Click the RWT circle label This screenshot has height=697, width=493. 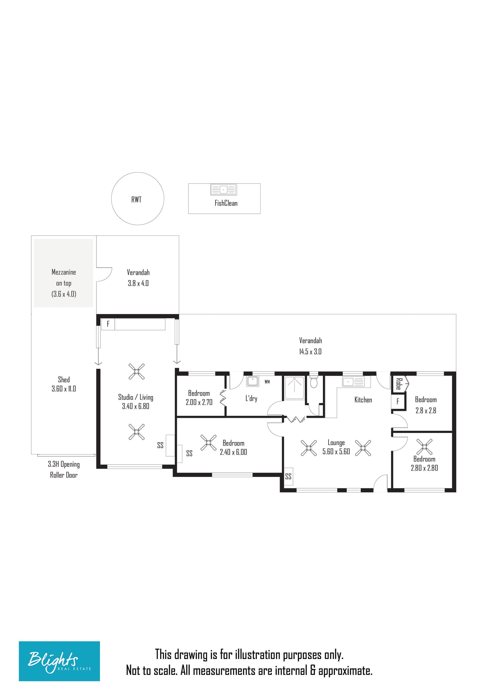tap(136, 200)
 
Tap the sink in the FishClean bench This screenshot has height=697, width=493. tap(224, 189)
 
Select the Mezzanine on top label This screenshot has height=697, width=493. tap(64, 277)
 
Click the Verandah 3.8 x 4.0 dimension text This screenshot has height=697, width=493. tap(138, 283)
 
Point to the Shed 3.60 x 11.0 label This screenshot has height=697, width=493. tap(64, 384)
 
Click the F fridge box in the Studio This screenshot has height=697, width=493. tap(108, 324)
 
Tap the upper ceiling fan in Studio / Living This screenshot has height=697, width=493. tap(137, 371)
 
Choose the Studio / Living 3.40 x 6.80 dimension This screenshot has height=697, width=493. tap(136, 406)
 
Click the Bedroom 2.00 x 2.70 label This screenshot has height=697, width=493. tap(199, 398)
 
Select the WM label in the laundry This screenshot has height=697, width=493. tap(267, 382)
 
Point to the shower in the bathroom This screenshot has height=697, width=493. tap(294, 388)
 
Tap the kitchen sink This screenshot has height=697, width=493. tap(353, 382)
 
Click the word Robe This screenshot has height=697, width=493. tap(399, 384)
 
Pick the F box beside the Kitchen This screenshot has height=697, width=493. tap(398, 401)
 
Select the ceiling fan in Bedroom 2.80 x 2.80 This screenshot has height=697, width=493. tap(424, 447)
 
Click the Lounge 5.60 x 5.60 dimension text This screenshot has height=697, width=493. tap(336, 452)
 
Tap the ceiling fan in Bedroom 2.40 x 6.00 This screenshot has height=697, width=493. tap(208, 443)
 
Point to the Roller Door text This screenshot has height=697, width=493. tap(64, 475)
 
